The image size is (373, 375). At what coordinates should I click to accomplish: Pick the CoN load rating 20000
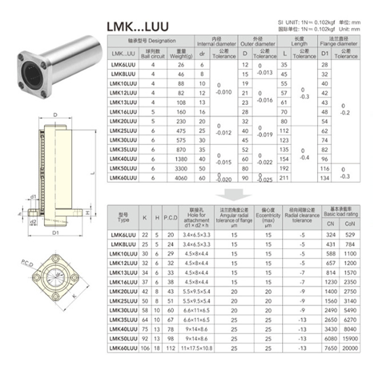[350, 348]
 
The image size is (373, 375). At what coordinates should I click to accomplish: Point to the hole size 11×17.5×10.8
[195, 348]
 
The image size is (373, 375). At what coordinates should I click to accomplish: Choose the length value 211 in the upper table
[285, 178]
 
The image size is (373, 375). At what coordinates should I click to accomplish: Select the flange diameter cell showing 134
[324, 178]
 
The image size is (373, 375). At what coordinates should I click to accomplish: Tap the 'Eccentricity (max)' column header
[268, 217]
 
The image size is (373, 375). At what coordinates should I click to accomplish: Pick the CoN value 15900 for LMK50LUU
[350, 339]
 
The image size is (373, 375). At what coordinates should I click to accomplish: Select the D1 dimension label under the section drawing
[56, 232]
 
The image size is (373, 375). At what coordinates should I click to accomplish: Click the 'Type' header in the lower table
[123, 217]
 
